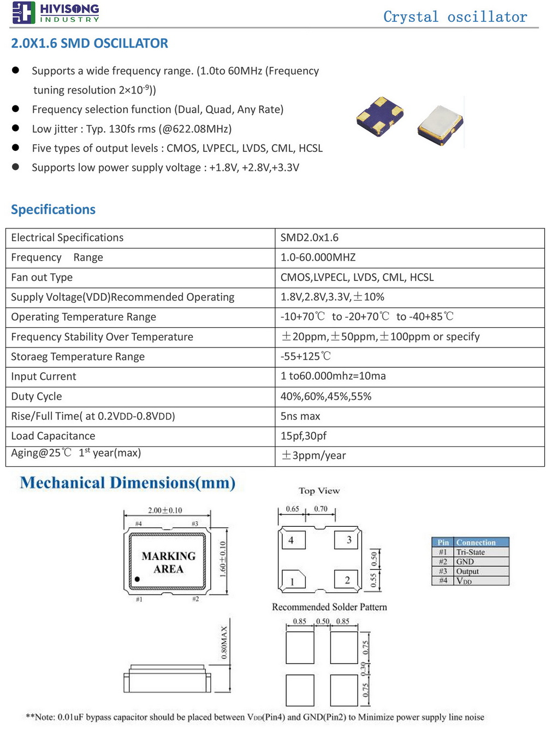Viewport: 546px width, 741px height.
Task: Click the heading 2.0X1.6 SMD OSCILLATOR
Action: tap(90, 43)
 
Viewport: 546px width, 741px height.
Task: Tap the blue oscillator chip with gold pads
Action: tap(379, 115)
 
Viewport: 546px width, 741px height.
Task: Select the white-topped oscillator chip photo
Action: tap(440, 125)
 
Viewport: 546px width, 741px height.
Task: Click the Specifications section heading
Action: tap(53, 209)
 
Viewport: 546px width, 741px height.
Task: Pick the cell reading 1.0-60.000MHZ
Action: tap(318, 257)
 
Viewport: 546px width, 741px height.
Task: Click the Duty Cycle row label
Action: tap(37, 396)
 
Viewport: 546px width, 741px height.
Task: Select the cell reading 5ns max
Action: tap(300, 416)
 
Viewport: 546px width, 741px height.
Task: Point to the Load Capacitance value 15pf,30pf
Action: tap(304, 436)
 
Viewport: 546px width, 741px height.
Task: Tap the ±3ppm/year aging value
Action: tap(313, 455)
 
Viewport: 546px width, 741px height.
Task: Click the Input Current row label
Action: tap(44, 377)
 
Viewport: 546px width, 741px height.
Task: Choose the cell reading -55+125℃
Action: tap(306, 356)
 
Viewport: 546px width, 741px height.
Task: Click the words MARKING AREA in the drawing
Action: tap(168, 562)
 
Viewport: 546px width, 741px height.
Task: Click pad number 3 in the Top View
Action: tap(349, 540)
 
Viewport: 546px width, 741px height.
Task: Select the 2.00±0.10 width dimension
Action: tap(165, 510)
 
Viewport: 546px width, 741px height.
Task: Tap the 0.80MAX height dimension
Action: tap(224, 643)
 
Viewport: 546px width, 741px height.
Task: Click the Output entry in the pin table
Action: tap(467, 571)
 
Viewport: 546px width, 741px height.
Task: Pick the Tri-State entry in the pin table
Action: tap(470, 552)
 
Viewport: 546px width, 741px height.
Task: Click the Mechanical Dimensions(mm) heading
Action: tap(128, 483)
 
